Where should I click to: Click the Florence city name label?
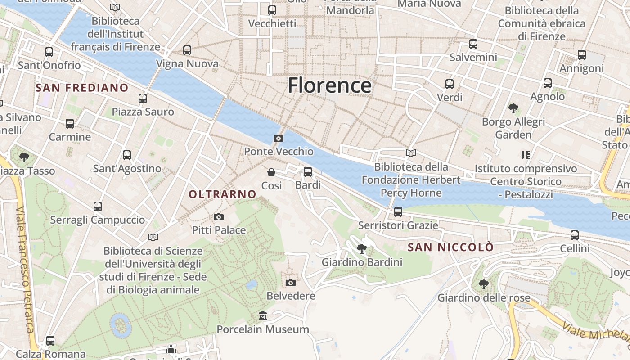click(329, 85)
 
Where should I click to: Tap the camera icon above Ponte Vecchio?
click(279, 138)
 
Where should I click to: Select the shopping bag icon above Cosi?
click(271, 172)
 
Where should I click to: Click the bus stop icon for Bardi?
click(308, 171)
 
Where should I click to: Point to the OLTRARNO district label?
click(222, 194)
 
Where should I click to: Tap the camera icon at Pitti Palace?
click(219, 217)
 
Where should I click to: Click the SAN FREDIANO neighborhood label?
click(82, 88)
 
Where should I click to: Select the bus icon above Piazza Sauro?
click(143, 98)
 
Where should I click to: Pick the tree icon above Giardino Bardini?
click(362, 248)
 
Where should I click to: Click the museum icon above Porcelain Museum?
click(263, 316)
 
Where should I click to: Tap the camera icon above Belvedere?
click(291, 283)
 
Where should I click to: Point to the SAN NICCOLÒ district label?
click(450, 247)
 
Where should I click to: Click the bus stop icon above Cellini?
click(575, 235)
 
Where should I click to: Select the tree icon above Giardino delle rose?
click(484, 284)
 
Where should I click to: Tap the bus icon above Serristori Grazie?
click(398, 211)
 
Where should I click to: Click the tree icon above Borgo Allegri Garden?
click(513, 108)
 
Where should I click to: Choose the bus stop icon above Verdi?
click(449, 84)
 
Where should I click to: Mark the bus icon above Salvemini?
click(473, 44)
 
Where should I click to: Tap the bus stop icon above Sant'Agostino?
click(127, 155)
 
